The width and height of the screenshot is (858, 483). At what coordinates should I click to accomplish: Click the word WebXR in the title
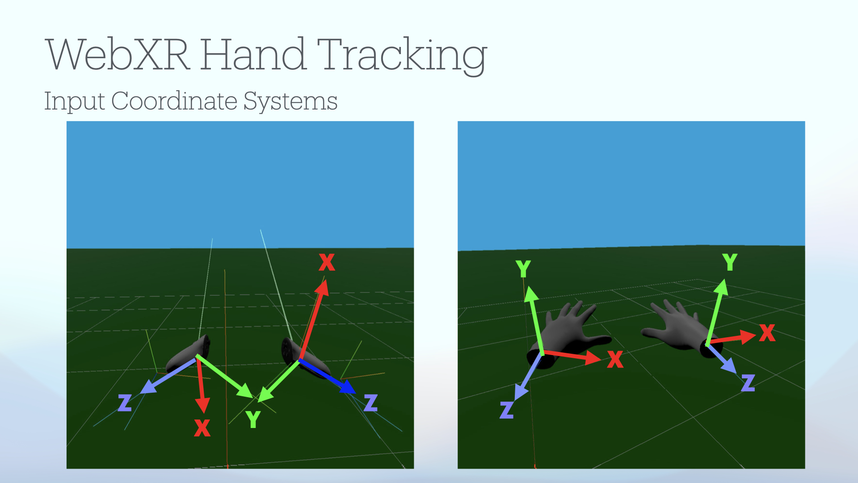[x=118, y=54]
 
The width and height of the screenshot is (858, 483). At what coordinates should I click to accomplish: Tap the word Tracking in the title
[x=402, y=55]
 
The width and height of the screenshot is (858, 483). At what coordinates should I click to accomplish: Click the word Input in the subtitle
[x=75, y=101]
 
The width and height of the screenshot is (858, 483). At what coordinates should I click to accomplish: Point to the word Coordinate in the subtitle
[x=174, y=101]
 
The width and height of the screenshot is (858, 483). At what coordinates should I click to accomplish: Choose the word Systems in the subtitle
[x=290, y=102]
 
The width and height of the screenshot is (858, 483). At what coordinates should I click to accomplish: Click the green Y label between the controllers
[x=253, y=419]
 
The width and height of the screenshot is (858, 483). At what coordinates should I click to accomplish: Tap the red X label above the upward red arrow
[x=327, y=262]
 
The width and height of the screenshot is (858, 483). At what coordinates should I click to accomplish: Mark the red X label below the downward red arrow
[x=202, y=428]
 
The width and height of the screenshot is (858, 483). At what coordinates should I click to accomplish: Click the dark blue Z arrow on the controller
[x=327, y=377]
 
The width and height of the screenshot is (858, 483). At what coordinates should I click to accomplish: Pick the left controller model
[x=188, y=354]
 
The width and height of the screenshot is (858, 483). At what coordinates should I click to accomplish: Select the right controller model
[x=305, y=358]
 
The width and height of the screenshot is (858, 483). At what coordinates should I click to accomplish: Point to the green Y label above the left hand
[x=523, y=269]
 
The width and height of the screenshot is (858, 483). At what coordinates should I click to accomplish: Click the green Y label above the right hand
[x=730, y=262]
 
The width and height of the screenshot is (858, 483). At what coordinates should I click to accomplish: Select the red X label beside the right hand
[x=767, y=333]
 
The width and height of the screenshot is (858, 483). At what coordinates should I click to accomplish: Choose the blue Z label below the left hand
[x=507, y=410]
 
